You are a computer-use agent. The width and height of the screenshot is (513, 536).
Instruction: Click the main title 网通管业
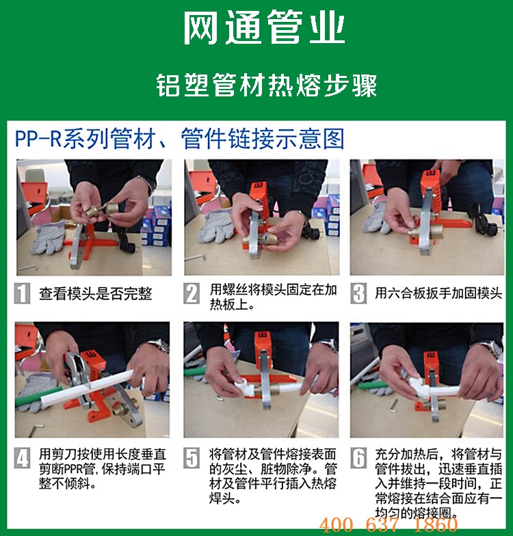point(264,27)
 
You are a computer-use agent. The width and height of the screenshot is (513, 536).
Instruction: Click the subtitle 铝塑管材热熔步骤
point(267,85)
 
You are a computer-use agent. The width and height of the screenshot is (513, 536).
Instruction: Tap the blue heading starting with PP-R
point(179,138)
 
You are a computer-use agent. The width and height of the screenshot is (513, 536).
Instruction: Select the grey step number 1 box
point(22,293)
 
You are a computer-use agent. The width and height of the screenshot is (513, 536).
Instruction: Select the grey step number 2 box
point(192,293)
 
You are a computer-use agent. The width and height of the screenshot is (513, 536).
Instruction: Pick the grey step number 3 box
point(358,293)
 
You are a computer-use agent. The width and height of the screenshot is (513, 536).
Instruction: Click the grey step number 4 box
point(22,458)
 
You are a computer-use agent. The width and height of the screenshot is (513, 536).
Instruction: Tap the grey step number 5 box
point(192,458)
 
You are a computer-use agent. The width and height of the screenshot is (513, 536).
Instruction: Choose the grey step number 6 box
point(358,458)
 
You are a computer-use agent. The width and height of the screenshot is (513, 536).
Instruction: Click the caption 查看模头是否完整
point(96,294)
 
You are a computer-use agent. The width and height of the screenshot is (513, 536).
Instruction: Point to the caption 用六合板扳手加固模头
point(438,293)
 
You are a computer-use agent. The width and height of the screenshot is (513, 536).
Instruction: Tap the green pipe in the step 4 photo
point(38,397)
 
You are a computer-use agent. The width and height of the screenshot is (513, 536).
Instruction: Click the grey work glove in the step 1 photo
point(48,238)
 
